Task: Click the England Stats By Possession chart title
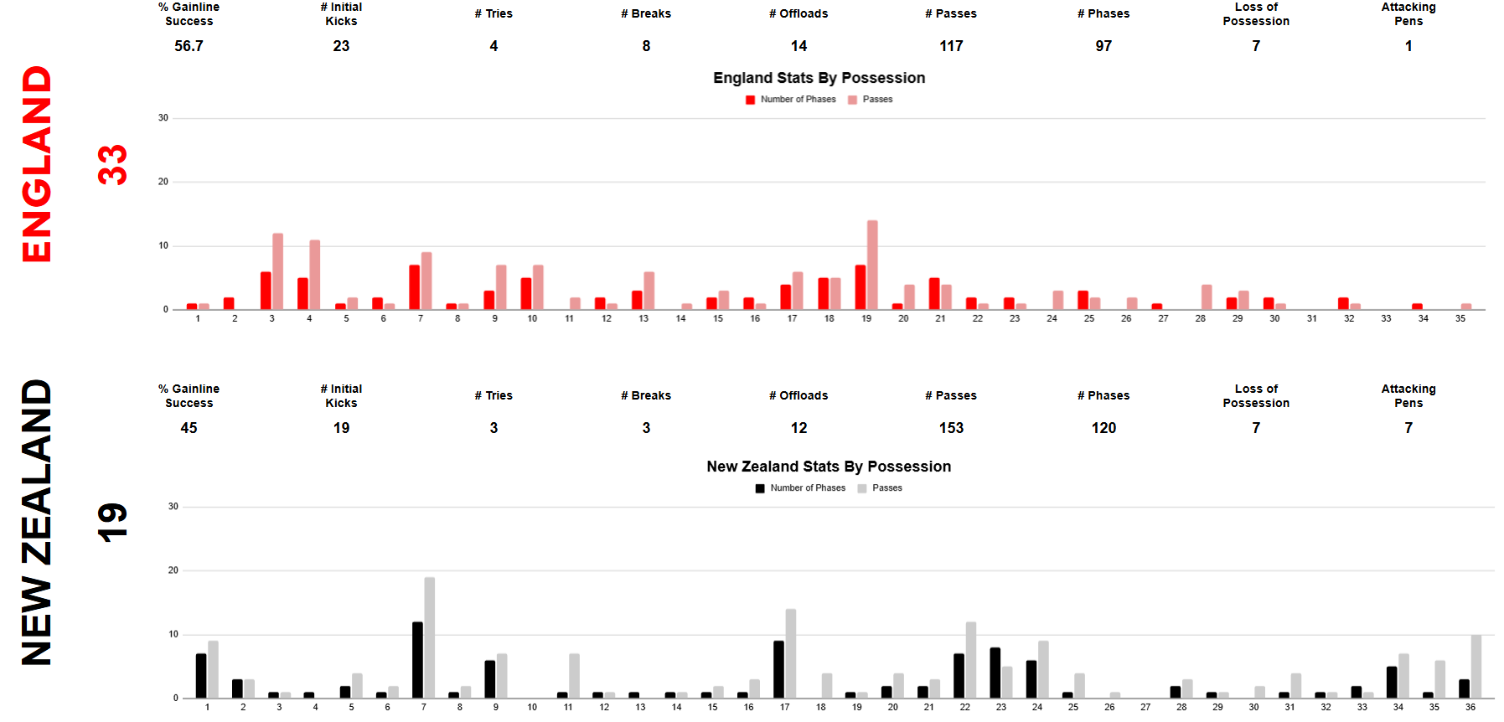(819, 78)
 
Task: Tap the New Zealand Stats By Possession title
(829, 467)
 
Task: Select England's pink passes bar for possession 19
(872, 265)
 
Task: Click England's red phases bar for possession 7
(414, 287)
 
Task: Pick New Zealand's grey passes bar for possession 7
(430, 637)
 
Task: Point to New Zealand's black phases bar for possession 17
(778, 669)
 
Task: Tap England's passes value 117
(951, 46)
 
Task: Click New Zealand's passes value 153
(951, 428)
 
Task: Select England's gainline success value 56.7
(189, 46)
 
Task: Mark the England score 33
(112, 164)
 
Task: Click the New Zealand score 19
(112, 523)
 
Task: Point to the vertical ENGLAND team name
(37, 164)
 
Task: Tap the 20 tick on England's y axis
(163, 182)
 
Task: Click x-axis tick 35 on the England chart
(1460, 319)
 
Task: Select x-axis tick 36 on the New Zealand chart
(1470, 708)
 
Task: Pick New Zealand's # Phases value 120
(1103, 428)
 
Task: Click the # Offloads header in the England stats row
(799, 14)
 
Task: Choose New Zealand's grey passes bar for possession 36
(1476, 667)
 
